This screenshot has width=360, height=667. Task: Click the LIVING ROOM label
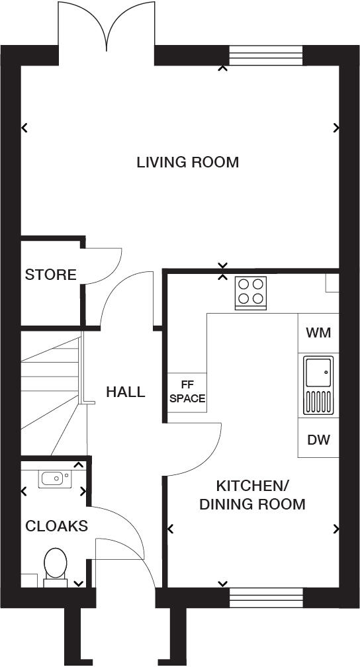187,162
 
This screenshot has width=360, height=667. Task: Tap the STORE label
50,275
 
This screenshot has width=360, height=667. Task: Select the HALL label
126,392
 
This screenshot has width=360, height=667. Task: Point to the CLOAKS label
56,526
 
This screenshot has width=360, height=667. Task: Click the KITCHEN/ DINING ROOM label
252,495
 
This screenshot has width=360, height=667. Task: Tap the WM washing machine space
318,332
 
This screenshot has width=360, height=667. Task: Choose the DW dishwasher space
318,439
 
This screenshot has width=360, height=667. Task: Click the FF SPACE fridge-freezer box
187,393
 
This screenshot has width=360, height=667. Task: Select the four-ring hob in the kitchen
251,292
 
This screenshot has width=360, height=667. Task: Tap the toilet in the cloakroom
56,568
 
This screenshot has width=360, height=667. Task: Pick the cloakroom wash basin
54,477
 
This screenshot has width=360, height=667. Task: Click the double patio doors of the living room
106,26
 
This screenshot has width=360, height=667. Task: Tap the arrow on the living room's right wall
337,128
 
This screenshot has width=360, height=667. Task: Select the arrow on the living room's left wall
25,128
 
